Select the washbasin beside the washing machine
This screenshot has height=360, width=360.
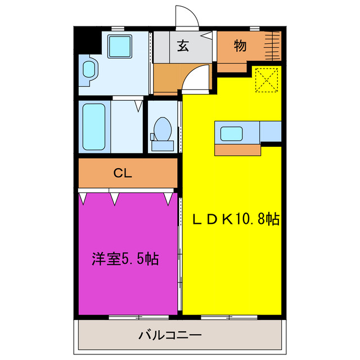click(89, 69)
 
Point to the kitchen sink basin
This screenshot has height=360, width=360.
click(232, 134)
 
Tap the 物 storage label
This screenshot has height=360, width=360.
click(240, 46)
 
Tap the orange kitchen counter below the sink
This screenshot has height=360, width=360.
click(238, 150)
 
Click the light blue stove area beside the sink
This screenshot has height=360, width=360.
click(271, 132)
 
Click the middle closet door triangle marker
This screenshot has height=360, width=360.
click(115, 197)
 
